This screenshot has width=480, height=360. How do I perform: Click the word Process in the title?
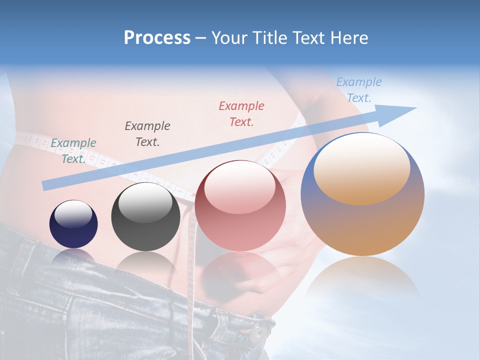157,38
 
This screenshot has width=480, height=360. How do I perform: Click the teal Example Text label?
73,150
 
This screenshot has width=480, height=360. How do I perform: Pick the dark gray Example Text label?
147,133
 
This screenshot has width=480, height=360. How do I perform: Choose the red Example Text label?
241,113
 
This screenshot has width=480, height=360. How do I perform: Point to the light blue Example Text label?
359,90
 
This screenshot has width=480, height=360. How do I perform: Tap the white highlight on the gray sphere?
145,202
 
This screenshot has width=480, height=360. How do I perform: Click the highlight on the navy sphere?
73,214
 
